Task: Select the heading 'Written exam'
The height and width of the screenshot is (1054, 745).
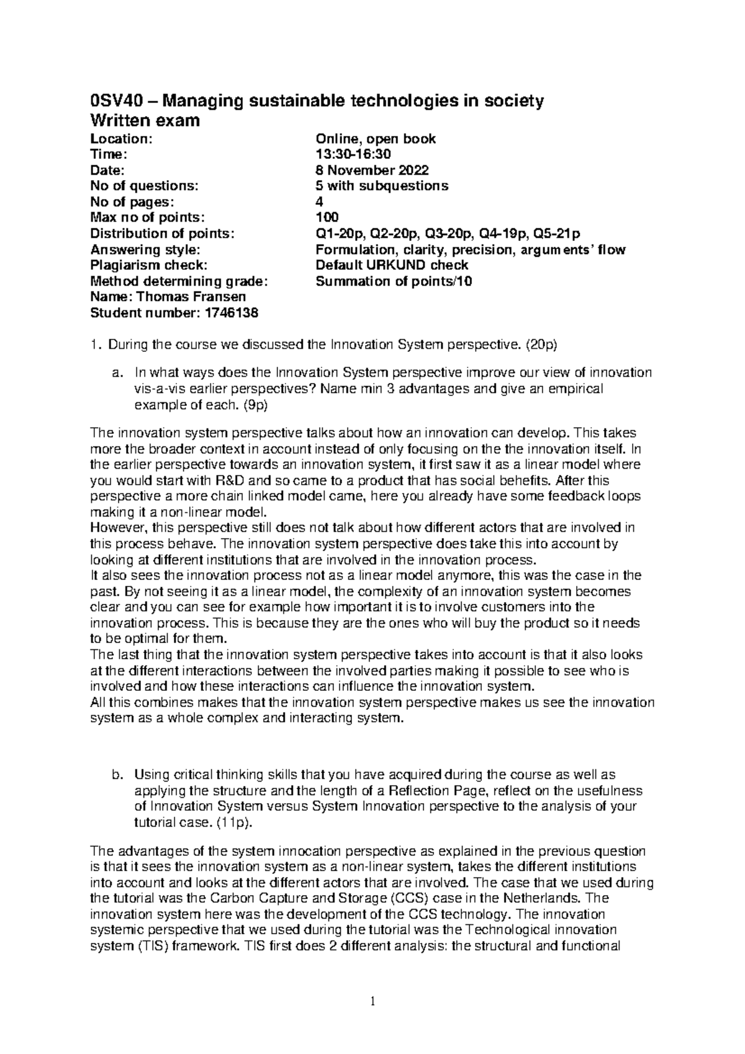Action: pos(145,120)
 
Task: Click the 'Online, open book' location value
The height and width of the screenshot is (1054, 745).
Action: pos(376,138)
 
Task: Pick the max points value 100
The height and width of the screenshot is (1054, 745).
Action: pos(327,217)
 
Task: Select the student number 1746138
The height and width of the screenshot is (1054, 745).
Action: pos(228,313)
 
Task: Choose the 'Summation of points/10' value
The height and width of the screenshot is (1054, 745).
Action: pos(394,281)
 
